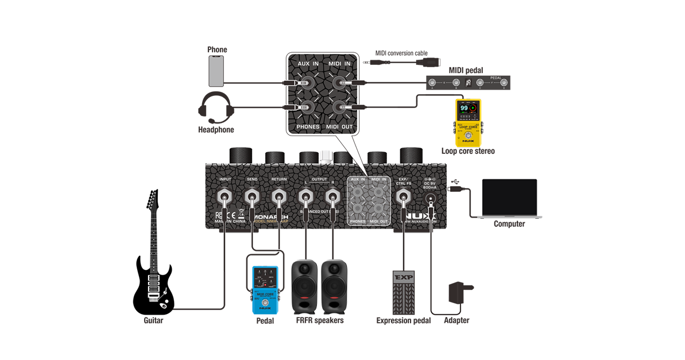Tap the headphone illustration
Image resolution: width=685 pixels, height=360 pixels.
coord(215,107)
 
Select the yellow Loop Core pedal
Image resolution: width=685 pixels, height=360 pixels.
coord(468,122)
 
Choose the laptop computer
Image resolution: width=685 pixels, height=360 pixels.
coord(510,198)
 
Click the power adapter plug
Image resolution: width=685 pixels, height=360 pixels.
coord(459,293)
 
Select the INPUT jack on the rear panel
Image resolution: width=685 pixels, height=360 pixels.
coord(225,199)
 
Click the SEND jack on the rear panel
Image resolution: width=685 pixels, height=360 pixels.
coord(252,199)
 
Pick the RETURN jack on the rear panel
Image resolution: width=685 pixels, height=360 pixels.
coord(279,199)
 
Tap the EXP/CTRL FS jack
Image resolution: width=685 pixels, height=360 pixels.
coord(404,199)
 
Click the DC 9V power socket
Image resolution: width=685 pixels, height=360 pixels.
coord(431,199)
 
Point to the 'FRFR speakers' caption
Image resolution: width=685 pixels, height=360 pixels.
coord(319,320)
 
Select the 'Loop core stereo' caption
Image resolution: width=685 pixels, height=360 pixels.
coord(468,151)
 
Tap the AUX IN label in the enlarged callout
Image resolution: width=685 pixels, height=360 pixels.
coord(308,63)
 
